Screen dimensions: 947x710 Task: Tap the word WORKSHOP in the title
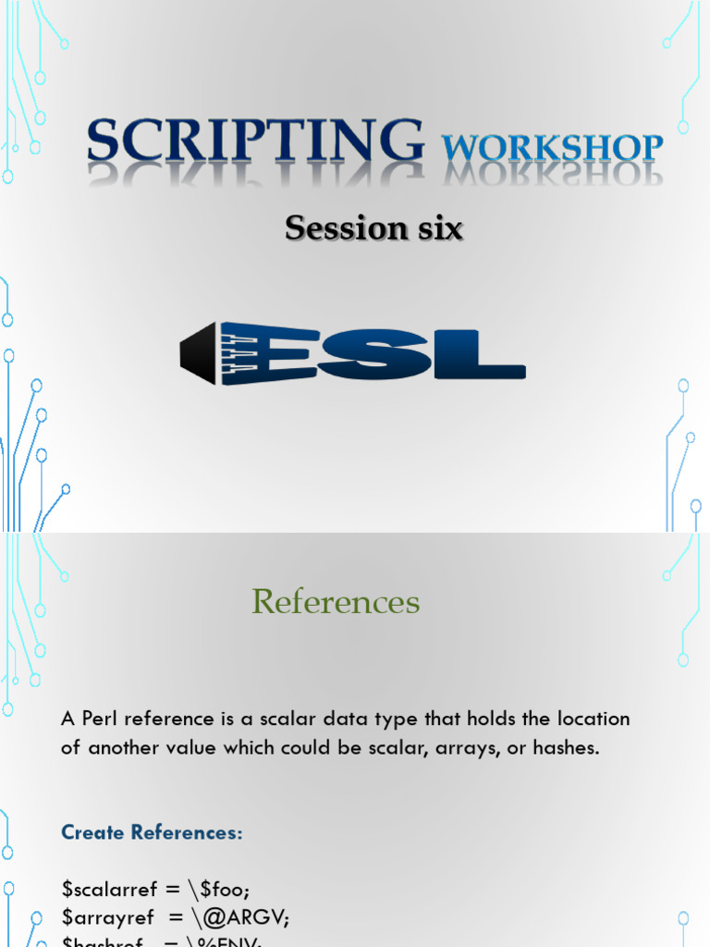[x=552, y=148]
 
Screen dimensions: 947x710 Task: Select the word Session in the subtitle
[x=331, y=228]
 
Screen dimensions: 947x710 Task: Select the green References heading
[x=336, y=602]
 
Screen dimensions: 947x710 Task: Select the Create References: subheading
[x=152, y=832]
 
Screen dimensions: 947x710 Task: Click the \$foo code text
[x=226, y=890]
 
